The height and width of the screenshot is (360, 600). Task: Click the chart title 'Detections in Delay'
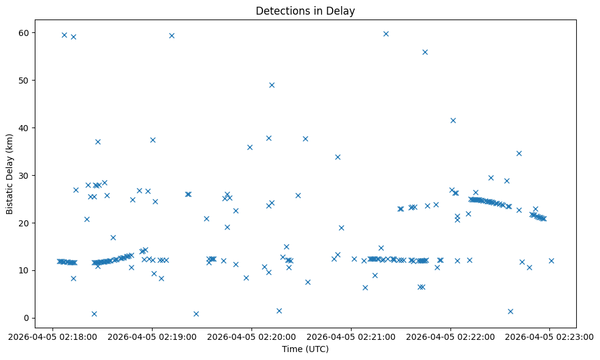tap(305, 11)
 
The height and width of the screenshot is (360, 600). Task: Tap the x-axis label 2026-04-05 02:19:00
tap(153, 336)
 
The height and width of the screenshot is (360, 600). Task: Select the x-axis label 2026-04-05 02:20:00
tap(251, 336)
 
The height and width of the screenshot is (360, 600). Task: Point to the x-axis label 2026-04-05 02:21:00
tap(351, 336)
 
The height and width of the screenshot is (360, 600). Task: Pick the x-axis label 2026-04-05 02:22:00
tap(450, 336)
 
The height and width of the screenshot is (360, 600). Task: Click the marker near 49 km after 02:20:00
tap(272, 85)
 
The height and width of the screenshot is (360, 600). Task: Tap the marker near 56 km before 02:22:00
tap(425, 52)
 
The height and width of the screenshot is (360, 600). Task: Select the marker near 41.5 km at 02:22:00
tap(453, 120)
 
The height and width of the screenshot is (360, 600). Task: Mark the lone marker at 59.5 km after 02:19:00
tap(172, 35)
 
